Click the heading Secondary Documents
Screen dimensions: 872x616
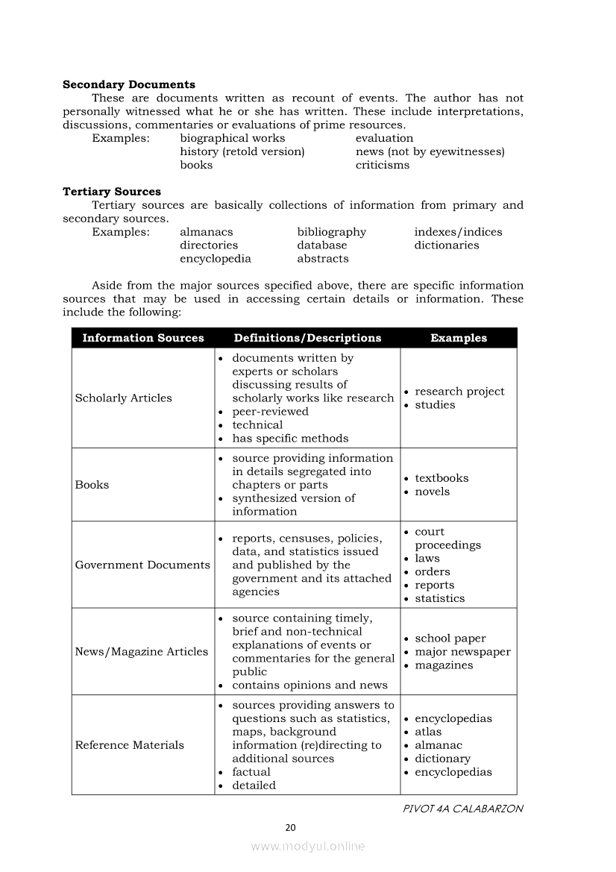pyautogui.click(x=129, y=84)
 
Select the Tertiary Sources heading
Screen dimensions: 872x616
pyautogui.click(x=112, y=192)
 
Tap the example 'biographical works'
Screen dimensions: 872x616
pyautogui.click(x=232, y=138)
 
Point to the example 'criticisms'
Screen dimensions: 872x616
pyautogui.click(x=382, y=165)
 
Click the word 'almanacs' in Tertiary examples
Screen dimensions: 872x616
pyautogui.click(x=207, y=232)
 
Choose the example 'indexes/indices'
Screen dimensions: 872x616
pyautogui.click(x=458, y=232)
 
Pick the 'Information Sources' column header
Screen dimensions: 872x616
pyautogui.click(x=143, y=338)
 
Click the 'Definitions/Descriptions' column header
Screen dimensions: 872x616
pyautogui.click(x=307, y=338)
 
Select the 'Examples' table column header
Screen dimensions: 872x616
pyautogui.click(x=458, y=338)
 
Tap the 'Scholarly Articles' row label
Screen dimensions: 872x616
pyautogui.click(x=123, y=398)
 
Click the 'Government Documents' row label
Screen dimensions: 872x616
pyautogui.click(x=142, y=565)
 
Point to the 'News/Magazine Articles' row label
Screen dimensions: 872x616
pyautogui.click(x=142, y=652)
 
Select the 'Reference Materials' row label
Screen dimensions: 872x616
pyautogui.click(x=129, y=745)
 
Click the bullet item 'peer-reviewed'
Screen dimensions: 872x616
pyautogui.click(x=270, y=412)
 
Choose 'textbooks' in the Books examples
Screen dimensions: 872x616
pyautogui.click(x=441, y=478)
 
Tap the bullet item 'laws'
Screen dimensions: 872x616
pyautogui.click(x=427, y=559)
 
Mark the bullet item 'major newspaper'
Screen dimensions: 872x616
pyautogui.click(x=462, y=652)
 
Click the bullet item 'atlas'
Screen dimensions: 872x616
pyautogui.click(x=428, y=732)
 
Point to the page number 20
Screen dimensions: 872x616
pyautogui.click(x=291, y=827)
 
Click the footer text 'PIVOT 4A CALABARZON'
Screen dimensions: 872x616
pyautogui.click(x=462, y=809)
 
